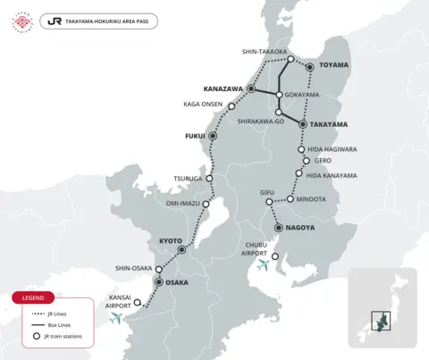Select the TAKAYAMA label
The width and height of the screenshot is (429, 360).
pos(330,125)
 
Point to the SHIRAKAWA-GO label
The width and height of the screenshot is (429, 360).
pos(261,121)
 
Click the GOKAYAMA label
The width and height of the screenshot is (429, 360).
pos(302,94)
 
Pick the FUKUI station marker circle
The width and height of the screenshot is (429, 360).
pos(213,136)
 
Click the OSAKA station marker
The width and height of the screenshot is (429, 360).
pos(158,282)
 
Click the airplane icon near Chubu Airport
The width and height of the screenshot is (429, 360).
pos(263,264)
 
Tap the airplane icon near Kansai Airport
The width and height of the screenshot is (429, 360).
pos(117,318)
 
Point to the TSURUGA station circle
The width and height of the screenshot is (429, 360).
pos(210,178)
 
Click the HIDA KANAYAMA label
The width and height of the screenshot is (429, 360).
pos(332,175)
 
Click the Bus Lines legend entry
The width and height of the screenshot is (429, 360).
pos(60,325)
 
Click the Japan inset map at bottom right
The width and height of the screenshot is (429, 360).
pos(383,307)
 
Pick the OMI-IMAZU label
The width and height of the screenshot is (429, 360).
pos(183,202)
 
